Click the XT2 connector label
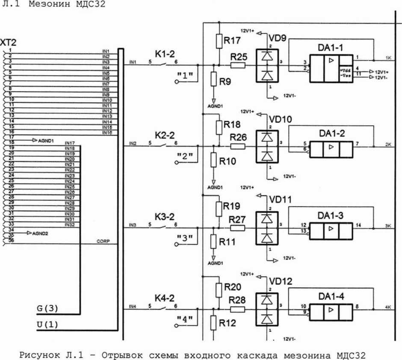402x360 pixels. click(9, 42)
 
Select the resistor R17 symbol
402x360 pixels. click(219, 41)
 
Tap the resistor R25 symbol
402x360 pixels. click(237, 65)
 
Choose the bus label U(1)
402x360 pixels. click(47, 324)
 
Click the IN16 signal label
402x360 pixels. click(106, 133)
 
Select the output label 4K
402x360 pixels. click(388, 307)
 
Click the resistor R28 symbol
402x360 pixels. click(237, 309)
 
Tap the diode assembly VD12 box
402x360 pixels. click(266, 311)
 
